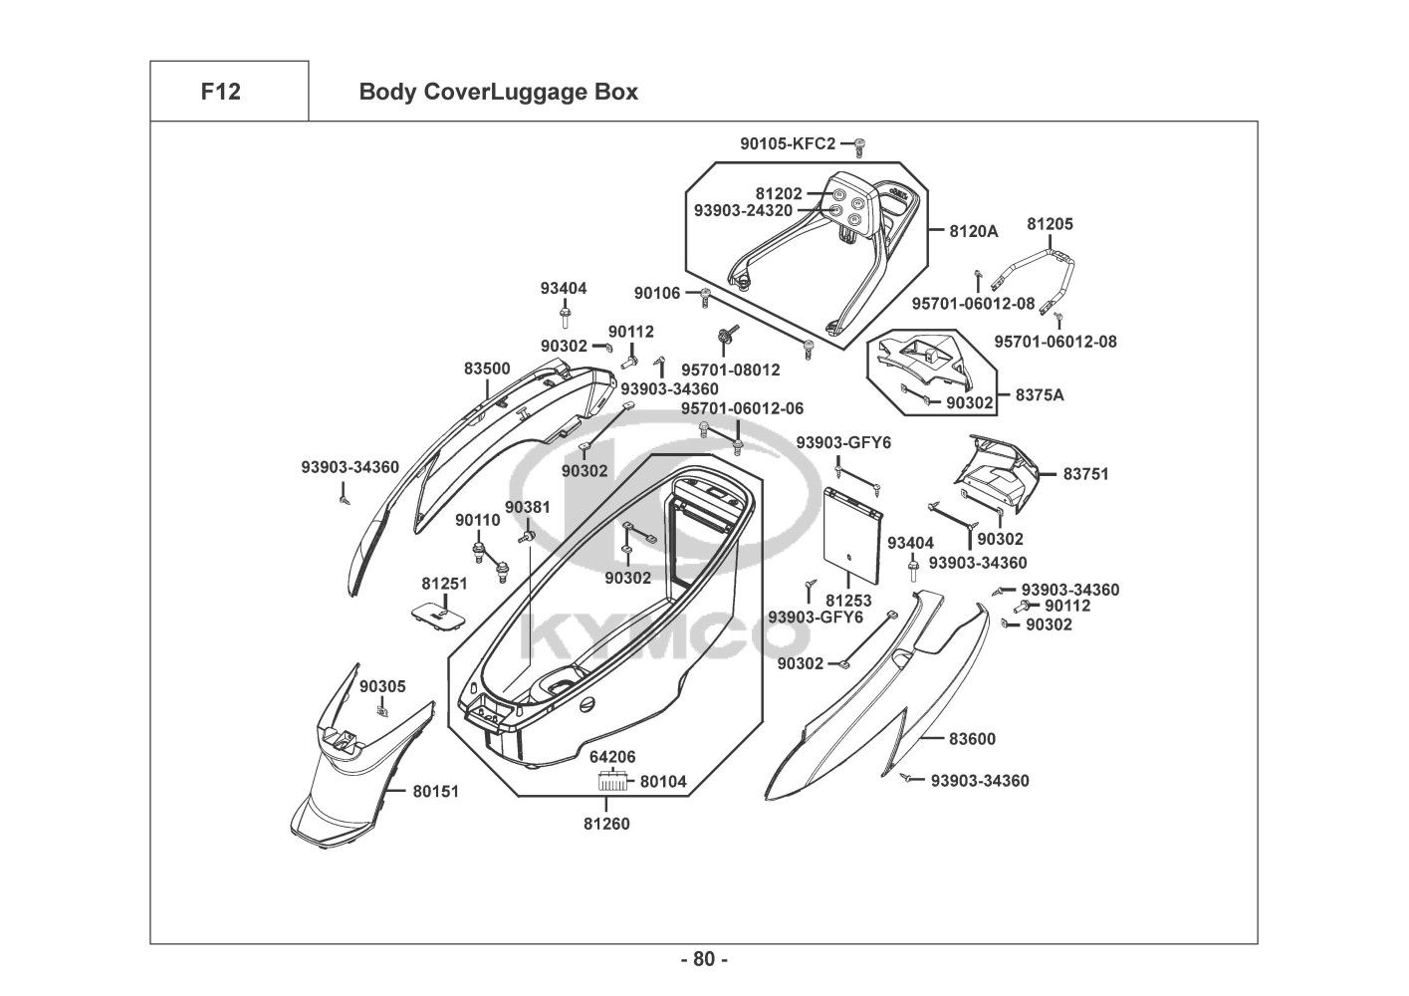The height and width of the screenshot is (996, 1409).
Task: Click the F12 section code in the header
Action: click(220, 92)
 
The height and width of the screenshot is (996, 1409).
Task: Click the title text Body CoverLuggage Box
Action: click(498, 93)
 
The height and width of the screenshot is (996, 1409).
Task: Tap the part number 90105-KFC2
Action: click(787, 144)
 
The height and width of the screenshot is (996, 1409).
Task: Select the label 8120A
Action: click(973, 231)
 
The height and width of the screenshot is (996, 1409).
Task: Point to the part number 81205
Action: click(1050, 224)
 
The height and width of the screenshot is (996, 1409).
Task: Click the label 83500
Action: click(487, 369)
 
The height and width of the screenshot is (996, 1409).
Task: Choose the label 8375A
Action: click(1040, 395)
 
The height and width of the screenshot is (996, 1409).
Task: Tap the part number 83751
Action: click(1084, 474)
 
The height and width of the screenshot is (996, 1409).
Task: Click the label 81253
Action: click(848, 601)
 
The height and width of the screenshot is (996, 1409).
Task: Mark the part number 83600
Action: click(971, 739)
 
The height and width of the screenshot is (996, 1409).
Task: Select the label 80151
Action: click(436, 792)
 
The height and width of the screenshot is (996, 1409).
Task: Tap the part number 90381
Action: click(527, 507)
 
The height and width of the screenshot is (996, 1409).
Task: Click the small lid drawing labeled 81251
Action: click(438, 615)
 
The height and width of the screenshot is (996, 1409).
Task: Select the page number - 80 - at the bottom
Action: click(704, 959)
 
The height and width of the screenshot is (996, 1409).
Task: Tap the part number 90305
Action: click(382, 686)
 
